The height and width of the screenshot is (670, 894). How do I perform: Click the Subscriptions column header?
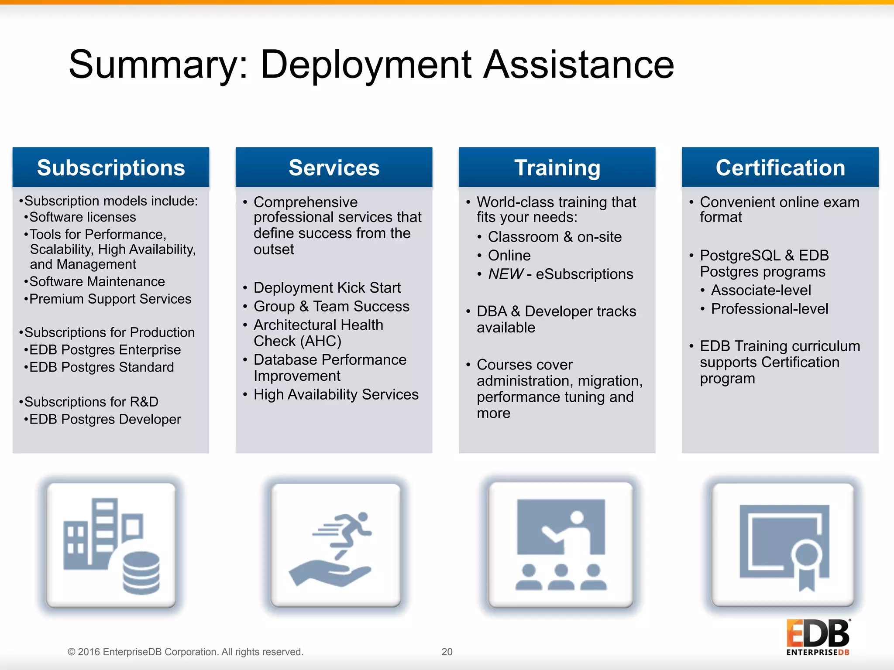point(111,167)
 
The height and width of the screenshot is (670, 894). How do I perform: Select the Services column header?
point(334,167)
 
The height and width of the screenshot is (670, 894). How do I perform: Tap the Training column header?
point(557,167)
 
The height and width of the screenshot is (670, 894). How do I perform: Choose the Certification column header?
point(780,167)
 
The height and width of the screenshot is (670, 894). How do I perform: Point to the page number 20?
point(447,652)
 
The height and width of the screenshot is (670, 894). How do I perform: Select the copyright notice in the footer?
point(185,652)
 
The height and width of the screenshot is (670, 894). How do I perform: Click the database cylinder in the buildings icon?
point(141,573)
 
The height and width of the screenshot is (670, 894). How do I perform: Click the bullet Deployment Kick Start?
point(327,288)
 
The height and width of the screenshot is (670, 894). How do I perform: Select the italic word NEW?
point(505,274)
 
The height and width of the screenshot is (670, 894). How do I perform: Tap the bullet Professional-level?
point(769,309)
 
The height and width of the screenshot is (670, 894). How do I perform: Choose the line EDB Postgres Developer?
point(105,419)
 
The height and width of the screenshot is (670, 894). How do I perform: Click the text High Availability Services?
point(336,394)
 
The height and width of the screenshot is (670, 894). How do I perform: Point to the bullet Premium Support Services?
point(110,299)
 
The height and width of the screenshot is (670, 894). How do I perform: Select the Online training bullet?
point(509,255)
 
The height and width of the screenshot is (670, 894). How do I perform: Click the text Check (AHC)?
point(297,341)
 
